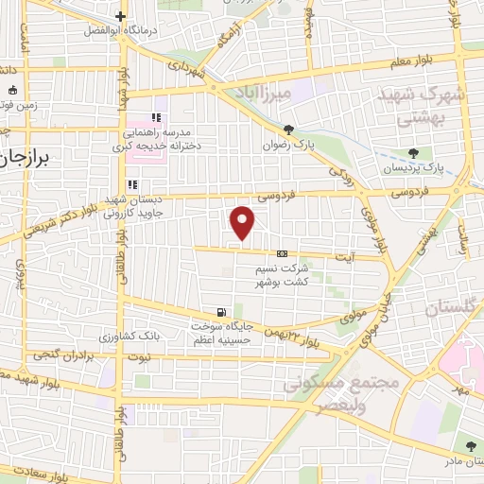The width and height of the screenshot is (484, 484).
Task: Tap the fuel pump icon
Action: click(221, 312)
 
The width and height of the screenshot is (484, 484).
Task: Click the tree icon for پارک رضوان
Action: click(288, 130)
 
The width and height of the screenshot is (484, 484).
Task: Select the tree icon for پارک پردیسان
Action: click(412, 152)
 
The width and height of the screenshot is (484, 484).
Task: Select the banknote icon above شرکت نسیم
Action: click(282, 253)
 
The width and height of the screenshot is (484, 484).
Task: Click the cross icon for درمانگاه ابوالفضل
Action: click(121, 16)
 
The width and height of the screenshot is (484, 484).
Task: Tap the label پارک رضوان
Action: click(288, 147)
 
